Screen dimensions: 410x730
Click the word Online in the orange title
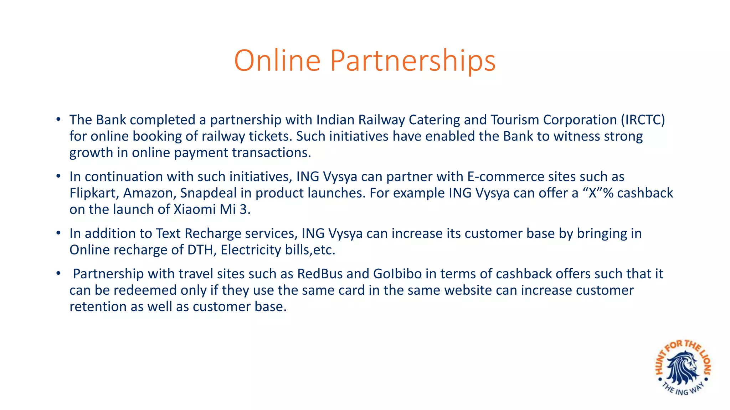click(277, 61)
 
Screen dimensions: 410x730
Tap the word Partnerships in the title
click(413, 61)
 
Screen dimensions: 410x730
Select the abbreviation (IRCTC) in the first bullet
click(643, 120)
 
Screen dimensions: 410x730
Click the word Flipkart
click(94, 193)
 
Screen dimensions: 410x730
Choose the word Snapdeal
click(208, 193)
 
